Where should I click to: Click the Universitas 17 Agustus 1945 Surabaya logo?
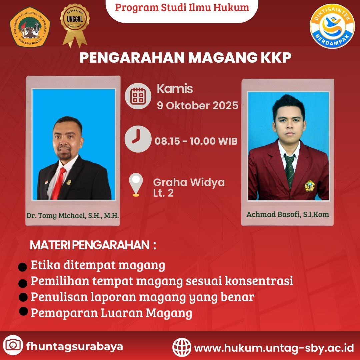(x=30, y=27)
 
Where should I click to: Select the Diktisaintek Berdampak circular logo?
(x=332, y=26)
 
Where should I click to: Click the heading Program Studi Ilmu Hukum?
(x=182, y=7)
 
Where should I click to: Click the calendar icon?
(x=138, y=96)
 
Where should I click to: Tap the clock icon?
(x=138, y=139)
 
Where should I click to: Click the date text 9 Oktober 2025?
(x=197, y=106)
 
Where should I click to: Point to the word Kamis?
(x=175, y=89)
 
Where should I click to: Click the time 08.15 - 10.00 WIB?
(x=196, y=141)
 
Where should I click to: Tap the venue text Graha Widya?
(x=189, y=183)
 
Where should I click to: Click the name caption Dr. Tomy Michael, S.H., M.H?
(x=73, y=216)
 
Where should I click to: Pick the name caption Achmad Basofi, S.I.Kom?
(x=288, y=214)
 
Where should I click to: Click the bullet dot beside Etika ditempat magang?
(x=23, y=267)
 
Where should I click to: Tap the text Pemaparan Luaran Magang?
(x=111, y=313)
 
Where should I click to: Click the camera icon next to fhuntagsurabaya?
(x=13, y=345)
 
